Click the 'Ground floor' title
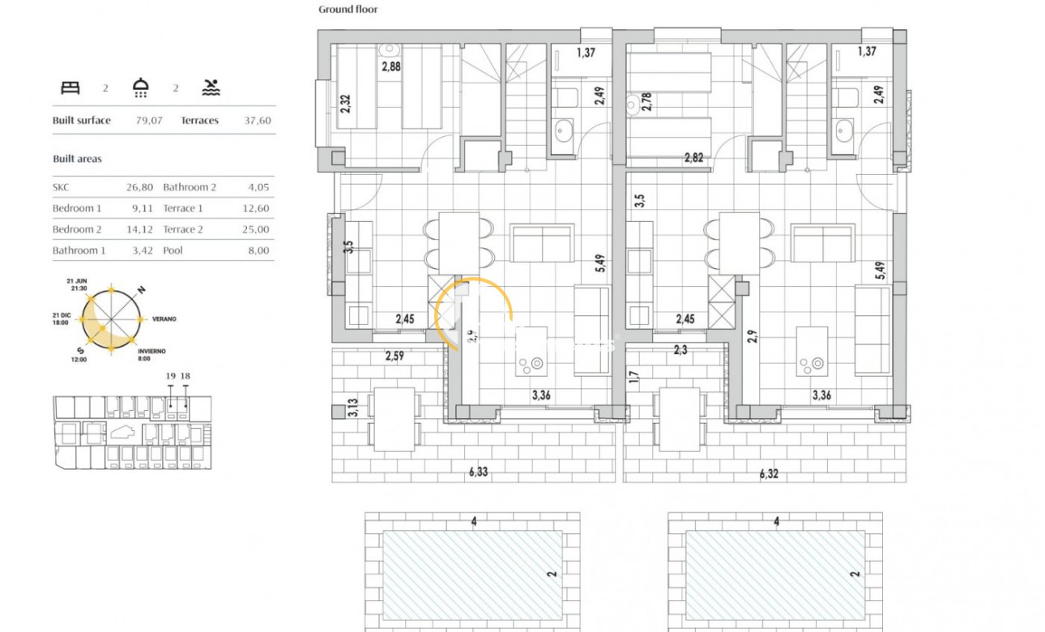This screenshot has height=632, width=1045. [x=348, y=10]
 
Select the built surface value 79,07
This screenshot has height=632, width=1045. [x=149, y=121]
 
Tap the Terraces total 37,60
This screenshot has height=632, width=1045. [x=258, y=121]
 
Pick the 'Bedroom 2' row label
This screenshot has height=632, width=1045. [x=77, y=229]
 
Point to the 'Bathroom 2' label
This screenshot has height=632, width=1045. [x=190, y=187]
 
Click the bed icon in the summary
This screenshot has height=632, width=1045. [x=70, y=88]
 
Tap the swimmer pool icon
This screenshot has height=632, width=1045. [x=211, y=88]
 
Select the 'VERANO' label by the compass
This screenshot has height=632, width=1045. [x=164, y=319]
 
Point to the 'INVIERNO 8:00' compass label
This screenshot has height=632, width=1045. [x=151, y=355]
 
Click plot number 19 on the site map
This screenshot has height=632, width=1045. [x=170, y=376]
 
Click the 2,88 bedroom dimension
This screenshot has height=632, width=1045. [x=391, y=66]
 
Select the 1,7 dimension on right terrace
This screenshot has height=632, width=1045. [x=633, y=377]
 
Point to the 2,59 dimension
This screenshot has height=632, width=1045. [x=395, y=355]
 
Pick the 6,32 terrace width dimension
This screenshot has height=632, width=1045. [x=768, y=474]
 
